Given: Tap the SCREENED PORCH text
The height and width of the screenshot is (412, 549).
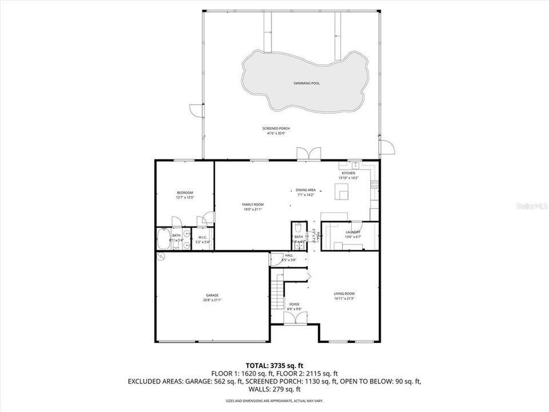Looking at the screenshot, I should (276, 129).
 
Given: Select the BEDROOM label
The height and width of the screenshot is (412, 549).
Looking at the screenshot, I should (185, 192).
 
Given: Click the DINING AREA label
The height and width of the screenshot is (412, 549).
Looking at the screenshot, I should (305, 190).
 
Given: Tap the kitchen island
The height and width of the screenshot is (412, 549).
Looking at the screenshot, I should (343, 191).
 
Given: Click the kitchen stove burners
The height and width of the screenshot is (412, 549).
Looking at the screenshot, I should (375, 184).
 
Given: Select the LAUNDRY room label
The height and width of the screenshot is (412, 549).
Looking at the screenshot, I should (352, 232).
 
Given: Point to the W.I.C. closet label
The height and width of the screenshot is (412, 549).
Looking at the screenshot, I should (203, 237).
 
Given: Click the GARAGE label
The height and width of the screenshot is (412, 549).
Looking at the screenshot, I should (212, 295).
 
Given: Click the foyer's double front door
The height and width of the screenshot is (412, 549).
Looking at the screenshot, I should (295, 319).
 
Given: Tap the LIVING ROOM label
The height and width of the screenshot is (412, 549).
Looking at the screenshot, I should (348, 295).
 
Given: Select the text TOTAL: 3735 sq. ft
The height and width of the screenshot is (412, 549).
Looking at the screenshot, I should (274, 365).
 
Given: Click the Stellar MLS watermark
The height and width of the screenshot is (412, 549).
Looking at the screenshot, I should (531, 204).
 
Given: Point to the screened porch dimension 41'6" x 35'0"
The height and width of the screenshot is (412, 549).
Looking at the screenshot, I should (276, 134).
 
